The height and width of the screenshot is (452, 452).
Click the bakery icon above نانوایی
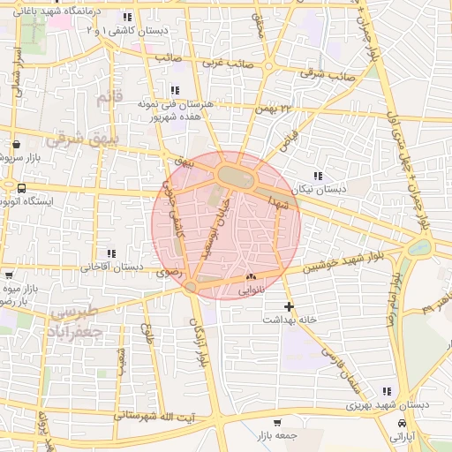(x=251, y=277)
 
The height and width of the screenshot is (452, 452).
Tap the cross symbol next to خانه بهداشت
(x=288, y=306)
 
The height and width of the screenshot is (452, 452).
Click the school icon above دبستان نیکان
(x=318, y=176)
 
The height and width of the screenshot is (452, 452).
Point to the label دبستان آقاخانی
(x=112, y=266)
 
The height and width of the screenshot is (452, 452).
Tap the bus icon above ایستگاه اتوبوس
(x=21, y=188)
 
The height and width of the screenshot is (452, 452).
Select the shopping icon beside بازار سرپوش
(x=17, y=144)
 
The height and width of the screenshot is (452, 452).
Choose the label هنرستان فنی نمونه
(x=172, y=103)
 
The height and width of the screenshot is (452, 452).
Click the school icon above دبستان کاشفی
(x=129, y=17)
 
